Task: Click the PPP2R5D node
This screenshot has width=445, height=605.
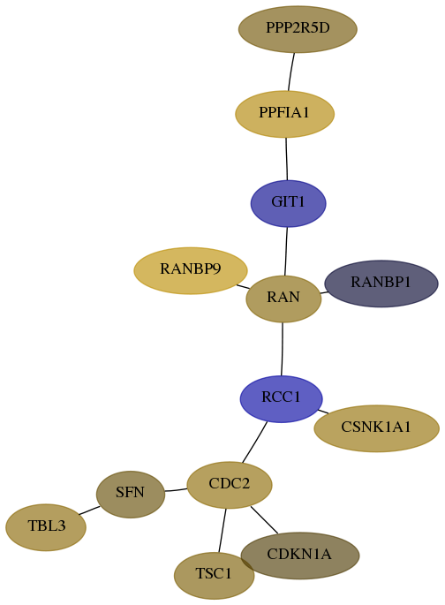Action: pos(298,29)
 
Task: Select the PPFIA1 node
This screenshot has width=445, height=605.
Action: pos(284,114)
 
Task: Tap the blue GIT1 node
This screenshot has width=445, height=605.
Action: pos(288,203)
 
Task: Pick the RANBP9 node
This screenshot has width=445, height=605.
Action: pos(191,270)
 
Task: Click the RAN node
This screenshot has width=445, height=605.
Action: pos(283,299)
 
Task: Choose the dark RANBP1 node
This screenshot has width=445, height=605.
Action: pos(381,284)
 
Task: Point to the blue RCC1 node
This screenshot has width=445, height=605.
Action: pos(281,398)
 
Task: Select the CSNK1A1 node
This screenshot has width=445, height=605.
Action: pos(376,428)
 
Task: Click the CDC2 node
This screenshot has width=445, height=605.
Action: pos(230,485)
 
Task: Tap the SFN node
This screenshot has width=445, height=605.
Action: pos(131,495)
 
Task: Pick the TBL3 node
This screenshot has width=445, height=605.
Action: pos(46,527)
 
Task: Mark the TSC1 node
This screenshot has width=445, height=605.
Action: pos(214,575)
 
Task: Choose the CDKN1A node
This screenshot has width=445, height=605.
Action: pos(300,556)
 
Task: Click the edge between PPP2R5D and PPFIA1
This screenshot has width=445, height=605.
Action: pos(291,72)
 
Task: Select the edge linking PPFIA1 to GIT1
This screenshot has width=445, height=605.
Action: pos(286,159)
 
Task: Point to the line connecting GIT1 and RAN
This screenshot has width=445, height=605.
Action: pos(286,251)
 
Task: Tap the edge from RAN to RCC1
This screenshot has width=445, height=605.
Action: pos(282,349)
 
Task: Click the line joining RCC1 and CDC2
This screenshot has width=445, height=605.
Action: pos(254,442)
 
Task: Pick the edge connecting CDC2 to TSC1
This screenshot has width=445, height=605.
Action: pos(222,531)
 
